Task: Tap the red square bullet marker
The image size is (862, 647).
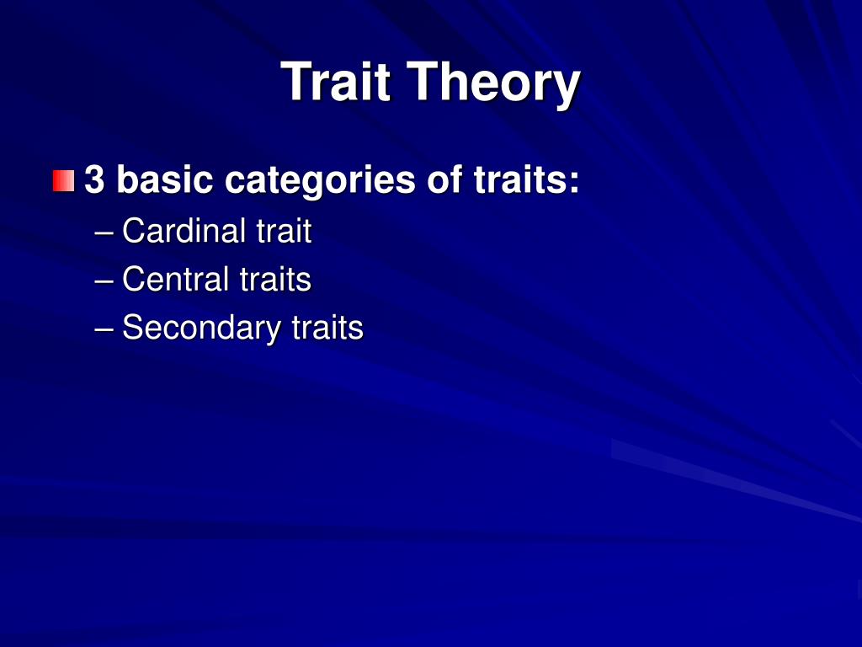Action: click(63, 180)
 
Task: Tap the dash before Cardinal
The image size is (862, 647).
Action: click(104, 232)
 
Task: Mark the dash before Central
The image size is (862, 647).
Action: click(104, 281)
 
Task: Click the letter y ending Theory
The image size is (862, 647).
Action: click(566, 87)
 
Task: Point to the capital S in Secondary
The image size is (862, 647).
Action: click(131, 327)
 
